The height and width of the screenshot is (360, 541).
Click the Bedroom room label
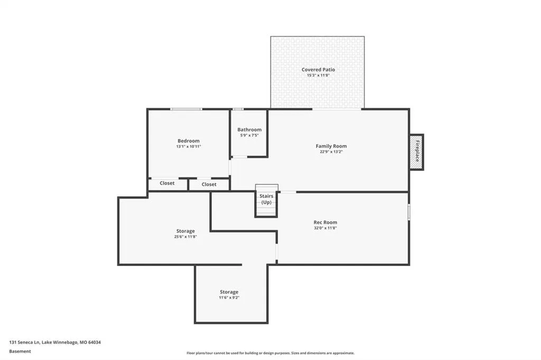pyautogui.click(x=189, y=141)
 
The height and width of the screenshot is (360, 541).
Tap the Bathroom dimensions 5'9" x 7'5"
pyautogui.click(x=249, y=135)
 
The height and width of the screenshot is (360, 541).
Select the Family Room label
pyautogui.click(x=331, y=146)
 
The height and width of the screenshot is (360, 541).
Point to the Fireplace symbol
pyautogui.click(x=416, y=151)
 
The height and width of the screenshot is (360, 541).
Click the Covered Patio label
pyautogui.click(x=318, y=69)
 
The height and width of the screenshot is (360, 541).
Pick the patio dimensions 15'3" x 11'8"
pyautogui.click(x=318, y=75)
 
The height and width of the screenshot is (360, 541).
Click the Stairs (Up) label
pyautogui.click(x=266, y=199)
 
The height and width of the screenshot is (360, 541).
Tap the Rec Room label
pyautogui.click(x=325, y=222)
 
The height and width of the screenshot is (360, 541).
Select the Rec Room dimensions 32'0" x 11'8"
pyautogui.click(x=325, y=228)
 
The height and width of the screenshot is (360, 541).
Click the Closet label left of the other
pyautogui.click(x=167, y=183)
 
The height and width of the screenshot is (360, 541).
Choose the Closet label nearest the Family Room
pyautogui.click(x=209, y=184)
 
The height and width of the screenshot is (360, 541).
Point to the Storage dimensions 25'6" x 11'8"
pyautogui.click(x=185, y=236)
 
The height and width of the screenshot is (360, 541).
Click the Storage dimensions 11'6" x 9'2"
pyautogui.click(x=229, y=297)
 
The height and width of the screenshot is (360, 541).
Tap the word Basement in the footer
pyautogui.click(x=20, y=352)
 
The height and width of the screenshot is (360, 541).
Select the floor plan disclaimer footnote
pyautogui.click(x=270, y=353)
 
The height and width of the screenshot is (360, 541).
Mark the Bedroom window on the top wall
pyautogui.click(x=186, y=109)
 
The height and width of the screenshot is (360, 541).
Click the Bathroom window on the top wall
pyautogui.click(x=238, y=109)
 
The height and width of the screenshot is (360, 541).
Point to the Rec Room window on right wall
pyautogui.click(x=409, y=212)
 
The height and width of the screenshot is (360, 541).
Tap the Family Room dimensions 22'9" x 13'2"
pyautogui.click(x=331, y=151)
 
